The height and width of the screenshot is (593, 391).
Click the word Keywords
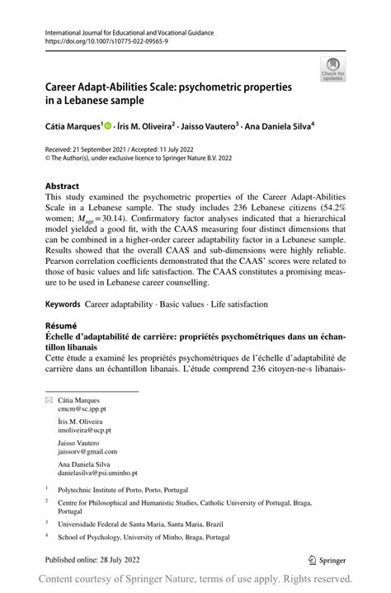click(63, 294)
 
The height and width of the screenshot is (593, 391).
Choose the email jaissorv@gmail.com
click(88, 452)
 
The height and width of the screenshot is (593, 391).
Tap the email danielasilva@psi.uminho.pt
click(98, 473)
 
